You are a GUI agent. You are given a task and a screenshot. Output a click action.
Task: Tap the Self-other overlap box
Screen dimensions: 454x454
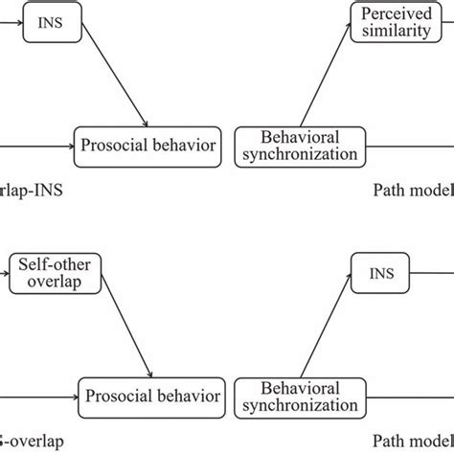(41, 272)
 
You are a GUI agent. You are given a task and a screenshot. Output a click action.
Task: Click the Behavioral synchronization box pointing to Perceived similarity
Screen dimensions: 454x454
(297, 146)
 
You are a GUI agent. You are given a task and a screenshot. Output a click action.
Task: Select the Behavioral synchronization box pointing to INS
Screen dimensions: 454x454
(297, 396)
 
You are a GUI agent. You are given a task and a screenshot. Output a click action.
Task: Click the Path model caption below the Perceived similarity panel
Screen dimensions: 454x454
(412, 190)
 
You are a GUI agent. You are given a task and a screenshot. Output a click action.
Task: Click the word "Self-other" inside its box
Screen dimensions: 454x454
(41, 263)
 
